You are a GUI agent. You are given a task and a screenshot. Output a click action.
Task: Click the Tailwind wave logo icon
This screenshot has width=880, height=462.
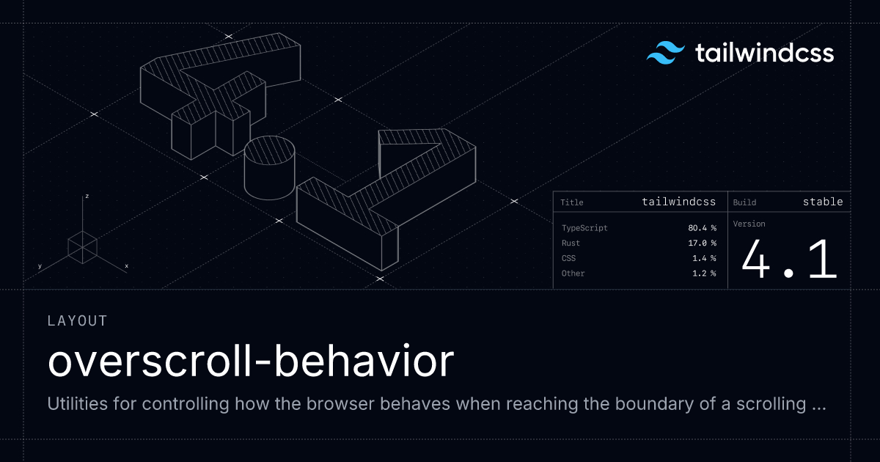664,54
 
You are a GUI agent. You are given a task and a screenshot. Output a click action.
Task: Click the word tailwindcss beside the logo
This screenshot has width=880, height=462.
763,54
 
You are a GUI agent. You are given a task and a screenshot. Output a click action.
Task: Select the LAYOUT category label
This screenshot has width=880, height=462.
77,320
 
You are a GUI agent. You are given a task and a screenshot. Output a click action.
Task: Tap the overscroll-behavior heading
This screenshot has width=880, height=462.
250,362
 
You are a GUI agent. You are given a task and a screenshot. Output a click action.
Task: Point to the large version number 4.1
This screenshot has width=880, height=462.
789,260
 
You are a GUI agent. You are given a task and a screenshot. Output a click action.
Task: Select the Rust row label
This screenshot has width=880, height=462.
571,243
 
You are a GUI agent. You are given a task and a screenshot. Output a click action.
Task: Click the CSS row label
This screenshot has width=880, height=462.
568,258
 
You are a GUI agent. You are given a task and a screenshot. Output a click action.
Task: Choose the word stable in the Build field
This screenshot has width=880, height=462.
823,202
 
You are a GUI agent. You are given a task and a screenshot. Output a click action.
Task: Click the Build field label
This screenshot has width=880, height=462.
744,202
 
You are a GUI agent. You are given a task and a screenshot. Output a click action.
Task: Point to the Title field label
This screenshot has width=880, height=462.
572,202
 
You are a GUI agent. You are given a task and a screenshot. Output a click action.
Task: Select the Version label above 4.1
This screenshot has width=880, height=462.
749,224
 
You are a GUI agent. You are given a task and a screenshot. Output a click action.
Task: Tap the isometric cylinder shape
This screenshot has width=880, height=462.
269,168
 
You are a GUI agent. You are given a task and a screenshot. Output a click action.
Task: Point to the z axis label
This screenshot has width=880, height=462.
87,197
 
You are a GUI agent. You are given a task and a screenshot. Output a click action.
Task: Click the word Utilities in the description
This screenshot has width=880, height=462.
78,404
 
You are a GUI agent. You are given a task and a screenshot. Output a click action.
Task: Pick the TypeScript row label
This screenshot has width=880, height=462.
584,228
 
